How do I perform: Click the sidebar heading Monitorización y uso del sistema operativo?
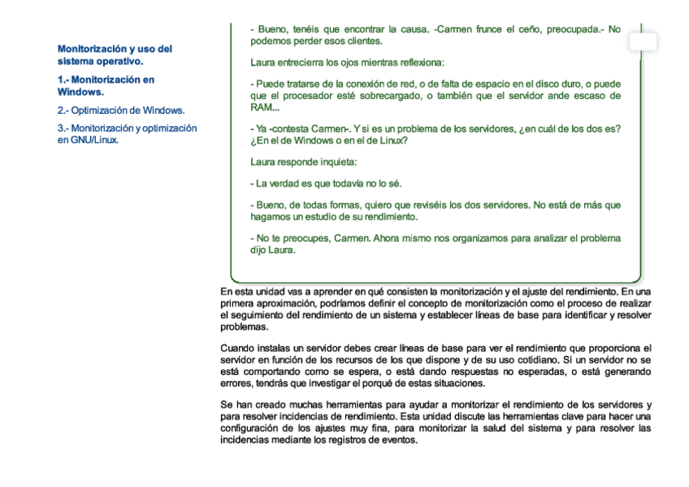click(x=115, y=54)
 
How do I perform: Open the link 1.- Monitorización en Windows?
click(x=106, y=85)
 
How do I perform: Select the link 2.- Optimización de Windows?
click(x=120, y=110)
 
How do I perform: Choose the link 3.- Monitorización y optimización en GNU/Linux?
click(x=127, y=133)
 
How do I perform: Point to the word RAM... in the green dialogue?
click(x=265, y=107)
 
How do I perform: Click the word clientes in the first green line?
click(x=362, y=41)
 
